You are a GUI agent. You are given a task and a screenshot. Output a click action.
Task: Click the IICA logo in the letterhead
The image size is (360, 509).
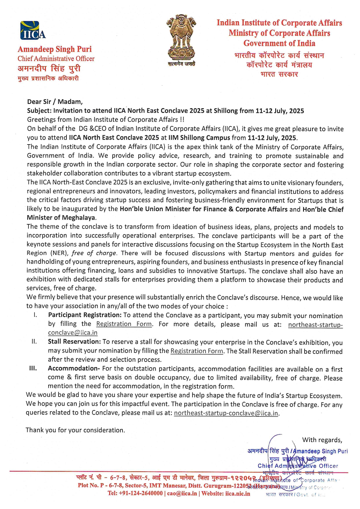tap(33, 30)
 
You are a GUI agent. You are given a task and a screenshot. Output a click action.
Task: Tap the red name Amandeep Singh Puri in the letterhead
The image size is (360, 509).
tap(55, 49)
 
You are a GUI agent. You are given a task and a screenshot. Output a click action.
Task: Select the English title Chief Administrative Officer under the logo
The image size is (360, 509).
tap(56, 59)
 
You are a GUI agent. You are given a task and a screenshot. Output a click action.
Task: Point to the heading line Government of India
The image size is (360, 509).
tap(279, 43)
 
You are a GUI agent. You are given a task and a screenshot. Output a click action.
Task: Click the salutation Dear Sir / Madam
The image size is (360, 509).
tap(55, 102)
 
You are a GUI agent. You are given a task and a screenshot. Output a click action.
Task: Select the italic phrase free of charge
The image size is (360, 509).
tap(94, 253)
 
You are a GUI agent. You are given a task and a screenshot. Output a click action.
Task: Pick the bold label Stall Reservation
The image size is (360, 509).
tap(74, 342)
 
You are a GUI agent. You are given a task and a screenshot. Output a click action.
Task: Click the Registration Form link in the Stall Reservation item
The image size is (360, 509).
tap(197, 351)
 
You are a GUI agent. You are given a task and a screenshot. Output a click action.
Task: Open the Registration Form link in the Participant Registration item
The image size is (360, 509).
tap(124, 324)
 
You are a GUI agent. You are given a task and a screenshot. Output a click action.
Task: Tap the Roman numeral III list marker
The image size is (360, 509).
tap(33, 368)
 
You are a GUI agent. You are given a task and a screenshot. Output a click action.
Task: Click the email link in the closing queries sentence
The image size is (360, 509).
tap(226, 413)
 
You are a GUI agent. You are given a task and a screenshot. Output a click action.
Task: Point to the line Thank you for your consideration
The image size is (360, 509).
tap(75, 430)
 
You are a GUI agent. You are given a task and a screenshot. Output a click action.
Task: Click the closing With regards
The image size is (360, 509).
tap(322, 440)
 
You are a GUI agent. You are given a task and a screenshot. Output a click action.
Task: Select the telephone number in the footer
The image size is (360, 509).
tap(135, 493)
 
